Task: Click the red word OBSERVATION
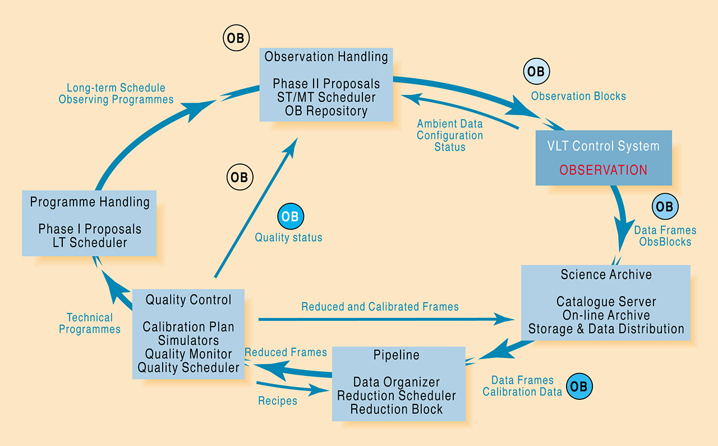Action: (x=603, y=170)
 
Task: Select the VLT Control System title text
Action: (x=603, y=146)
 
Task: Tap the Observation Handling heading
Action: (x=326, y=57)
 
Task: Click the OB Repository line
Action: (x=326, y=111)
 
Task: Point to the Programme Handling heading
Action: (x=90, y=202)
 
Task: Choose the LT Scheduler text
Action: (x=90, y=243)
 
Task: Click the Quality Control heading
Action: (x=188, y=300)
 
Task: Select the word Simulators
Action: (x=188, y=340)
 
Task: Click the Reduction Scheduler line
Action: (x=396, y=395)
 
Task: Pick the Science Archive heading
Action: (x=606, y=274)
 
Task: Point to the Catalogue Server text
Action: (x=606, y=302)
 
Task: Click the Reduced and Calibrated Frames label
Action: (x=380, y=307)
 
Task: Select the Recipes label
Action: (x=277, y=401)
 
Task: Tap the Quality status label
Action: (x=288, y=238)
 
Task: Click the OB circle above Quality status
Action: (x=291, y=217)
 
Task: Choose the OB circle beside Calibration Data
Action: (x=579, y=386)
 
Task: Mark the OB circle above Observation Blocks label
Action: (x=536, y=72)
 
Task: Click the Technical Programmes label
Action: (x=90, y=324)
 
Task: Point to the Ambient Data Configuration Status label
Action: (x=449, y=135)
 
